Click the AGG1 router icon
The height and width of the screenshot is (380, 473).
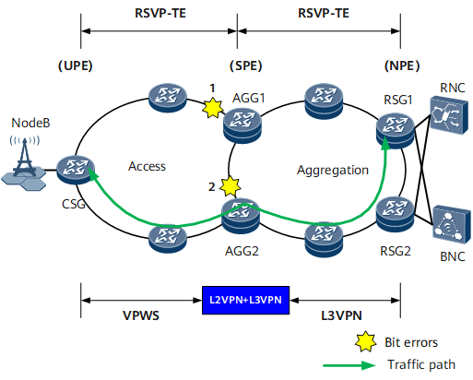[242, 126]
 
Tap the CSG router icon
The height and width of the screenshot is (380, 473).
[76, 170]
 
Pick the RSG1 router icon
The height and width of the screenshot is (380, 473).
[396, 131]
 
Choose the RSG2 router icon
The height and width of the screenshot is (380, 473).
[396, 214]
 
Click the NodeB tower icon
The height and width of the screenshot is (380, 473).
[24, 163]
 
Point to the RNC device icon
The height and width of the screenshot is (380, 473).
[449, 115]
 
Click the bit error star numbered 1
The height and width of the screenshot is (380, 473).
[213, 108]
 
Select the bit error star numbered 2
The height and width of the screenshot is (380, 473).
[231, 186]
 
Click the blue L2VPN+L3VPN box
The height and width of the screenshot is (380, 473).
[245, 300]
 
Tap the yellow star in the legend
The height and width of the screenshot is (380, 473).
[365, 341]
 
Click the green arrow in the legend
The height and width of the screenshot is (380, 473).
[349, 365]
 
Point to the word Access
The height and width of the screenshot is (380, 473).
[147, 166]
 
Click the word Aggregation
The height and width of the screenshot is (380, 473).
[333, 171]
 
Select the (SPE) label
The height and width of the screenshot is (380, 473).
[246, 65]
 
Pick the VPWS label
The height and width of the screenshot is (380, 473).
[141, 315]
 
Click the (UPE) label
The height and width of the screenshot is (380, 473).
[76, 65]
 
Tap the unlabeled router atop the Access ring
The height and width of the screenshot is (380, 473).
[168, 98]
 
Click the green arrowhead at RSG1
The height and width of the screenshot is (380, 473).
[385, 143]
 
